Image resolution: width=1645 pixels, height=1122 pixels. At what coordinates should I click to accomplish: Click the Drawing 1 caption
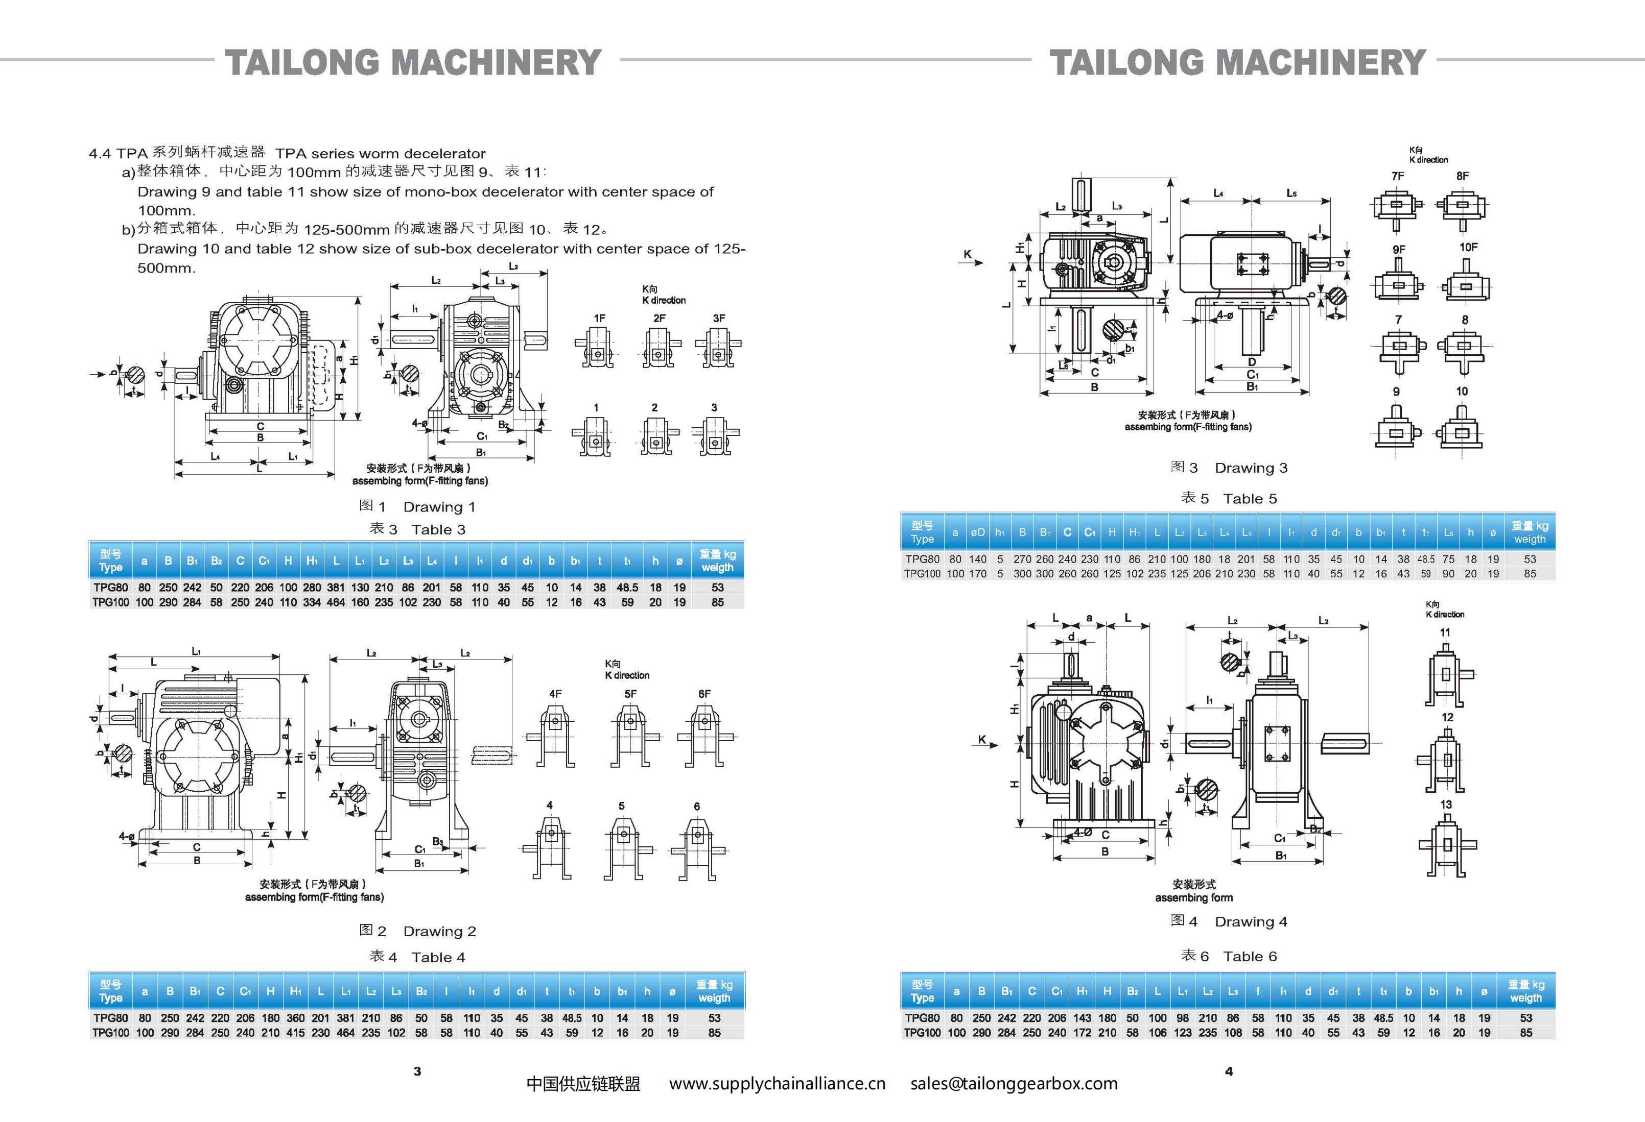point(417,506)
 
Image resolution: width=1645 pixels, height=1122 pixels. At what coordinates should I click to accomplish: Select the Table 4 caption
point(417,957)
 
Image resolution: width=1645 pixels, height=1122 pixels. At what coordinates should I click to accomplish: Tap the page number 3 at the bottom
point(417,1071)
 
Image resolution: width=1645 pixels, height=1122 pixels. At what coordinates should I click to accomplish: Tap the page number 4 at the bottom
point(1229,1071)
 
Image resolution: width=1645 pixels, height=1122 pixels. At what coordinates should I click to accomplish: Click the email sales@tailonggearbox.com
point(1014,1083)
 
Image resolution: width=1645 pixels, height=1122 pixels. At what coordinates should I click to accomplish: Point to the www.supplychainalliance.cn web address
point(777,1083)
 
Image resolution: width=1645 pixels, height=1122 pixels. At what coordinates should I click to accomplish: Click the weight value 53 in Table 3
point(717,587)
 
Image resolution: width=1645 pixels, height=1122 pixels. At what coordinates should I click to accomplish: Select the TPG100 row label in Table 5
point(922,574)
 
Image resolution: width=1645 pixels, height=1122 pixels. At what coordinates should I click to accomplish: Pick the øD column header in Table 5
point(977,532)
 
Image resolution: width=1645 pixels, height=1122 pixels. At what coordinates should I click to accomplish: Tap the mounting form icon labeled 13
point(1447,845)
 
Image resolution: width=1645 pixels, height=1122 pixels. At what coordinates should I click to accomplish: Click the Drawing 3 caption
point(1229,468)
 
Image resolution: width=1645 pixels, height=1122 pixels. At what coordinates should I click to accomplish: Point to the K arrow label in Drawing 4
point(982,740)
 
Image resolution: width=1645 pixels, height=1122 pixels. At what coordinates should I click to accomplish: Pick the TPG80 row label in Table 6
point(922,1018)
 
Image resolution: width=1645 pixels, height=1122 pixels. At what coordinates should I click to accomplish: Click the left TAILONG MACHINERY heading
point(413,62)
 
